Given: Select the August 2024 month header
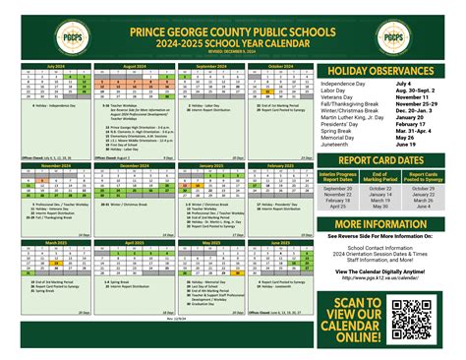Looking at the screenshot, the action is pyautogui.click(x=133, y=66).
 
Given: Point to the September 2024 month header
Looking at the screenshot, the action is pyautogui.click(x=211, y=66).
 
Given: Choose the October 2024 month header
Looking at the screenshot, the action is pyautogui.click(x=280, y=66).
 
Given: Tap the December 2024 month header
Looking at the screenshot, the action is pyautogui.click(x=133, y=166).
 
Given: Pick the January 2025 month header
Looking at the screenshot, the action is pyautogui.click(x=211, y=166).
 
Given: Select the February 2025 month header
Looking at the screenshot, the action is pyautogui.click(x=280, y=166).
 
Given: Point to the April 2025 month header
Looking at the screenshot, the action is pyautogui.click(x=133, y=241).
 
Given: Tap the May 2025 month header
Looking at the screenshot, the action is pyautogui.click(x=211, y=241).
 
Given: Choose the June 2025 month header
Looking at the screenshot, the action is pyautogui.click(x=280, y=241).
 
